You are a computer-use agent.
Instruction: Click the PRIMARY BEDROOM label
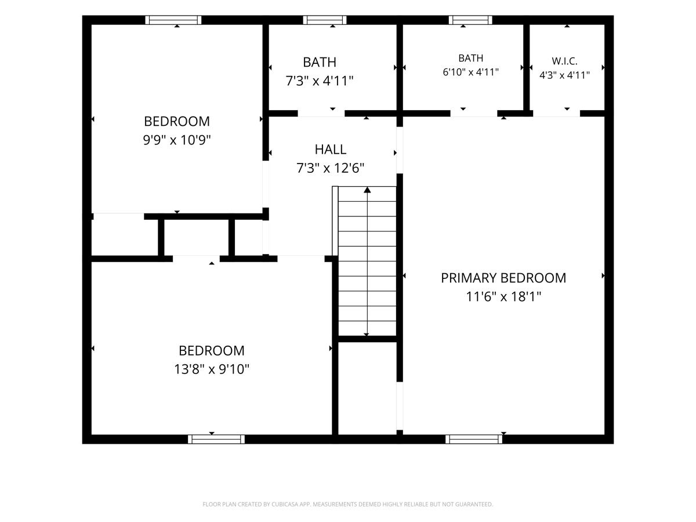click(503, 278)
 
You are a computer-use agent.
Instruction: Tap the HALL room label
click(331, 150)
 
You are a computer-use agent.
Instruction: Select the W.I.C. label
click(564, 61)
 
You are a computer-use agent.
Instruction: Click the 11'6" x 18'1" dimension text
click(503, 296)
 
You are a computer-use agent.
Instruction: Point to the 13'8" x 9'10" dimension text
click(212, 369)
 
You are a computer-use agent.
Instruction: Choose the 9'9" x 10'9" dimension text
click(177, 140)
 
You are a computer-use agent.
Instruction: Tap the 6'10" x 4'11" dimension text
click(470, 72)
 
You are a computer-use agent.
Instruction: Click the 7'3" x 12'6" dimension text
click(331, 168)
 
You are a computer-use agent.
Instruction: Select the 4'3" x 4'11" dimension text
click(564, 75)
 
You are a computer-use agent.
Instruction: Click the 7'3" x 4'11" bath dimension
click(320, 81)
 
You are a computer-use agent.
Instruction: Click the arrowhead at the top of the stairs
click(367, 190)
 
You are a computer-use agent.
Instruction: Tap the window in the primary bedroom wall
click(474, 439)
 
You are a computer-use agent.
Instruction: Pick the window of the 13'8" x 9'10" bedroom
click(216, 439)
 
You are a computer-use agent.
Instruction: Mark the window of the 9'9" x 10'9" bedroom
click(173, 20)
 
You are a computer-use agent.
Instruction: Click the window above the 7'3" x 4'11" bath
click(325, 20)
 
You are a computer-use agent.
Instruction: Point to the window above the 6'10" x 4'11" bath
click(470, 20)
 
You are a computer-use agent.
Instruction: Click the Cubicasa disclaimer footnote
click(348, 504)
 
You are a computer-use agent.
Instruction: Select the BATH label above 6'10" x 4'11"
click(470, 59)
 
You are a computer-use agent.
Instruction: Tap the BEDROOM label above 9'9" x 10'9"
click(177, 121)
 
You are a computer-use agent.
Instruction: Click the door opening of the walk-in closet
click(556, 114)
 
